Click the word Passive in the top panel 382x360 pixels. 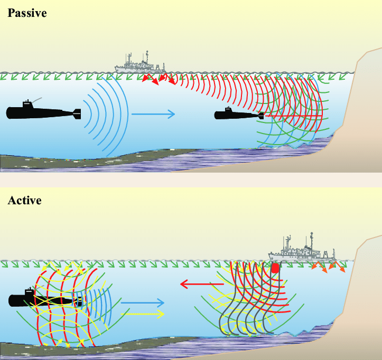27,13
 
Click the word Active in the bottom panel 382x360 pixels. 24,201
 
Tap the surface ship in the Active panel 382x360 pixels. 301,252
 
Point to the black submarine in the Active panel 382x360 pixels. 45,300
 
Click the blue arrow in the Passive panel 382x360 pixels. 153,113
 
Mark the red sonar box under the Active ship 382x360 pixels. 275,268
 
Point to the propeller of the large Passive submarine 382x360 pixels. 79,113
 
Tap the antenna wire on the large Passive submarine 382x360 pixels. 39,100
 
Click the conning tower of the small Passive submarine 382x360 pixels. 229,110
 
